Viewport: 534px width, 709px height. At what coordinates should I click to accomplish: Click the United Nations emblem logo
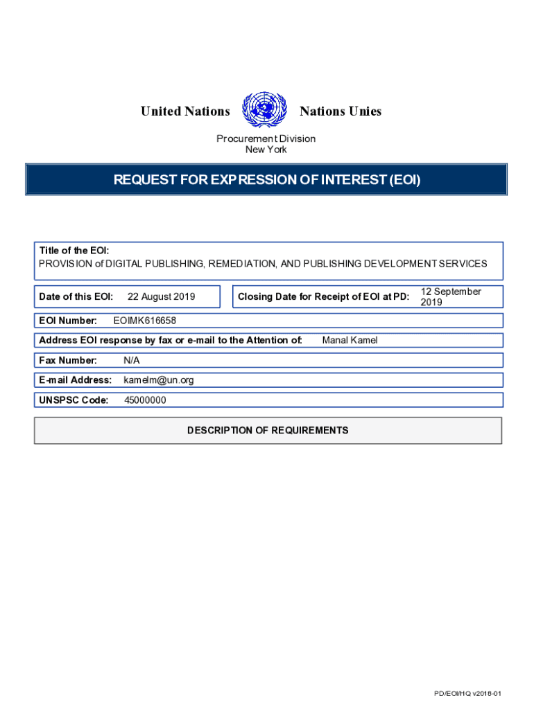point(264,111)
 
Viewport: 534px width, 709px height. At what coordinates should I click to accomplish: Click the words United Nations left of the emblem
point(185,111)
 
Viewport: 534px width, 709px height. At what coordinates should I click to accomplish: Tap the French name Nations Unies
point(341,111)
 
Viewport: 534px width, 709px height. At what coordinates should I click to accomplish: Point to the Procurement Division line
point(266,138)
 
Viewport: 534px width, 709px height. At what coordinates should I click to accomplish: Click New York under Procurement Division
point(266,150)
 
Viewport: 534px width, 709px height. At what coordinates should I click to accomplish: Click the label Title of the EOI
point(74,251)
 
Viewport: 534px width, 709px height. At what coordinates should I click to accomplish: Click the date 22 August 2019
point(162,297)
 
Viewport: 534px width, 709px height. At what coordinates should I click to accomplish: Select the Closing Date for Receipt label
point(323,297)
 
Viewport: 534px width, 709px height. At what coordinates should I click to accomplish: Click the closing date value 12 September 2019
point(450,297)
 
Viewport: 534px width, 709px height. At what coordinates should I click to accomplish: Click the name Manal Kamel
point(350,340)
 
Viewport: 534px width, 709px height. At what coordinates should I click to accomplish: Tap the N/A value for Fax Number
point(132,360)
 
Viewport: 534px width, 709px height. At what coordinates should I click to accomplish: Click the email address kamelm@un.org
point(159,380)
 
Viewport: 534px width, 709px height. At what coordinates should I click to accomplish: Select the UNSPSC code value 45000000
point(145,400)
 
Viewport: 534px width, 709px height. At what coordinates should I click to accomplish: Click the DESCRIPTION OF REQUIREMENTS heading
point(268,431)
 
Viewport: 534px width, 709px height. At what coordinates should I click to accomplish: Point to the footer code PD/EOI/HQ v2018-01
point(467,694)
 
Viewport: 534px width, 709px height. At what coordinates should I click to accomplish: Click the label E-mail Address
point(75,380)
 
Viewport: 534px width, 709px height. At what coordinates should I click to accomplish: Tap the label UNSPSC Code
point(74,400)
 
